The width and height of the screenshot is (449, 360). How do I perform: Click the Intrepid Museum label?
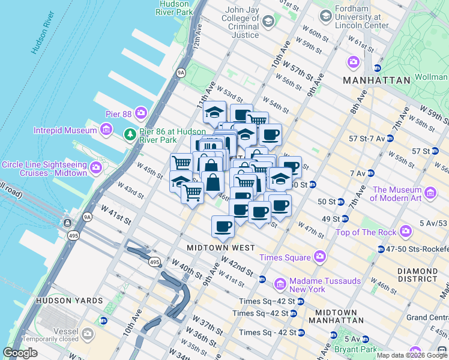click(x=66, y=130)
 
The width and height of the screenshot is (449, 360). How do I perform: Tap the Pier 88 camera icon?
click(x=141, y=112)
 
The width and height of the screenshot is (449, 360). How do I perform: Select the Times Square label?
click(x=285, y=257)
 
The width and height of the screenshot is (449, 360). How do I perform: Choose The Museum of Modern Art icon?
click(x=430, y=193)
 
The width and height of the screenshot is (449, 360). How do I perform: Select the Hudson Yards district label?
click(x=61, y=300)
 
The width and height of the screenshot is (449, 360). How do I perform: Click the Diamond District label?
click(x=417, y=275)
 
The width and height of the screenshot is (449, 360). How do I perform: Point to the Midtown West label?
click(x=221, y=248)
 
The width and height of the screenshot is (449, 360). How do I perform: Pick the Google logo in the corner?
click(x=20, y=353)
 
